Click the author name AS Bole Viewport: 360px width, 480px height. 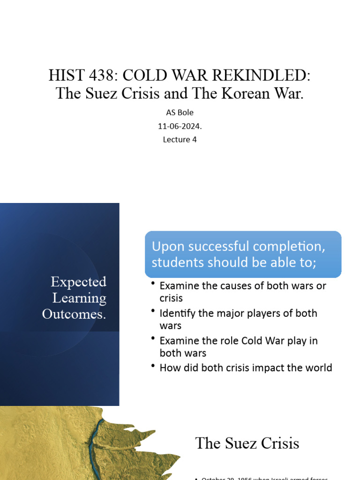pos(180,113)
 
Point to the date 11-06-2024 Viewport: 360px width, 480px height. pos(180,126)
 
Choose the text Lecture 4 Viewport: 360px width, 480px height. pos(180,139)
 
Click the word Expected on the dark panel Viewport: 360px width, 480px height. pos(78,282)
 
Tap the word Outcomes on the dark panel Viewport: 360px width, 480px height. pos(74,314)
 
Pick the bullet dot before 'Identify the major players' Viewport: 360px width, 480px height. pos(153,311)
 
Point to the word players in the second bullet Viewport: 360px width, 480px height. pos(266,313)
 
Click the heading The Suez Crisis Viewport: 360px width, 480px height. pos(247,443)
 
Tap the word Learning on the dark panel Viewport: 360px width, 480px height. pos(79,298)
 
